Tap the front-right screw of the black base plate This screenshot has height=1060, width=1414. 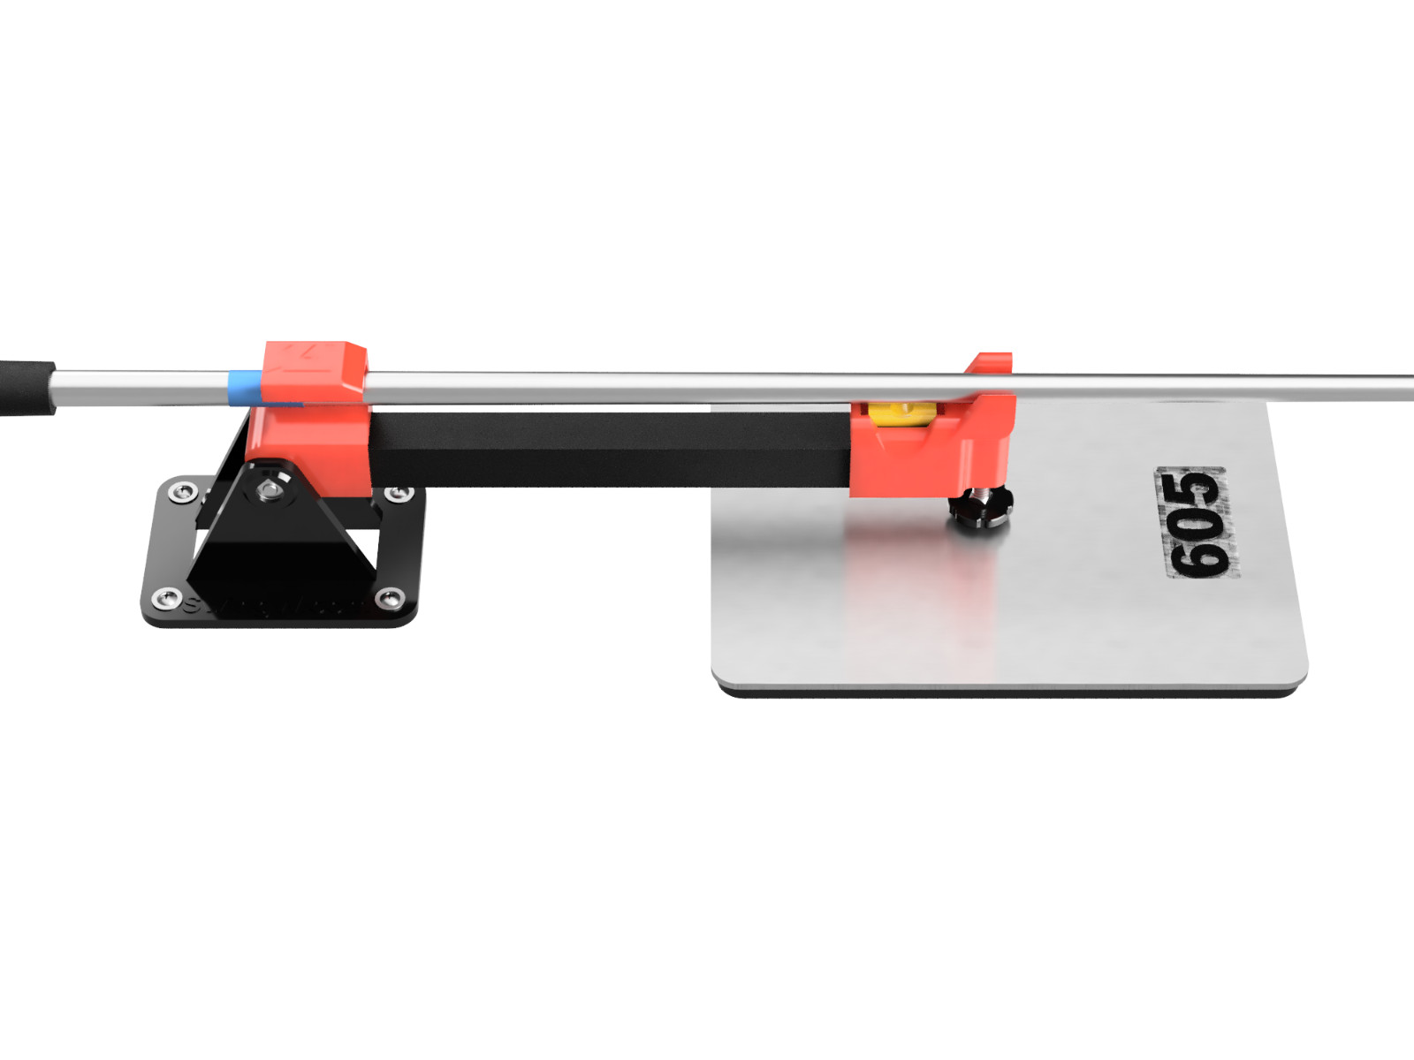pos(389,600)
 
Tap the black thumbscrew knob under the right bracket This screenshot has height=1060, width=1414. pos(981,511)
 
